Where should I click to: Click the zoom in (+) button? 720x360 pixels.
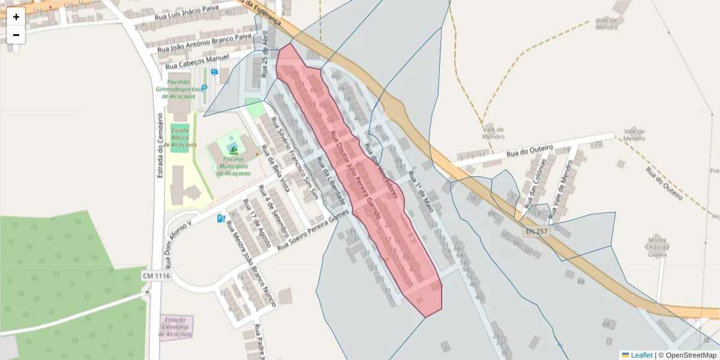16,17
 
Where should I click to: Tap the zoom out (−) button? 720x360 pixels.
16,35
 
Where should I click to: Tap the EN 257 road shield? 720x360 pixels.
536,231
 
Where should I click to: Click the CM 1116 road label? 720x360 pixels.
157,275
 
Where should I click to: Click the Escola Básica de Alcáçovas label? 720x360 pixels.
179,137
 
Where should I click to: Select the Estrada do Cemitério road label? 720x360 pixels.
160,146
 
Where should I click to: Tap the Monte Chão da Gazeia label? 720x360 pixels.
656,246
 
